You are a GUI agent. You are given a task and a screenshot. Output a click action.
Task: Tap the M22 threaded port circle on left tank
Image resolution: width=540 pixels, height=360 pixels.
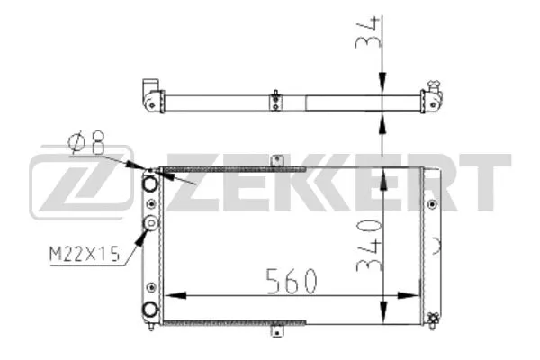[x=151, y=225]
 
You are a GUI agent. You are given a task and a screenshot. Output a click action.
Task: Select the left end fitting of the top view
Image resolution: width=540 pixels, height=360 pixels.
[x=152, y=94]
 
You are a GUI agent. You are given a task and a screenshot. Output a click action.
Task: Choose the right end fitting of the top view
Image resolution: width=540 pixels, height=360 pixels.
[x=436, y=94]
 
